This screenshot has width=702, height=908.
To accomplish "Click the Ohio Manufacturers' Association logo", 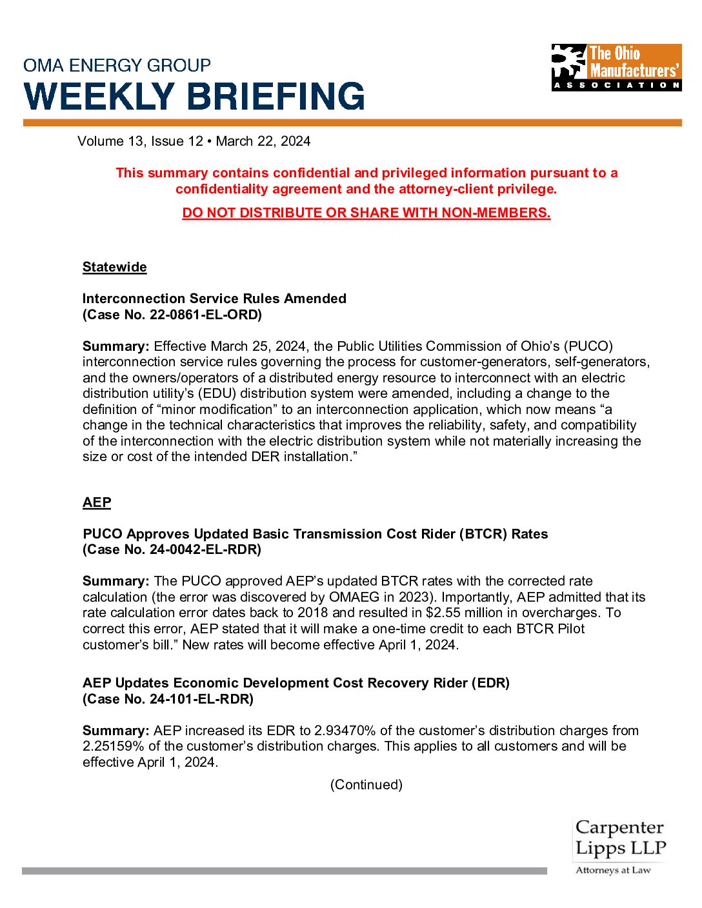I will [x=616, y=67].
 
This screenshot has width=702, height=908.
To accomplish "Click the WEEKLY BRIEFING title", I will [x=194, y=96].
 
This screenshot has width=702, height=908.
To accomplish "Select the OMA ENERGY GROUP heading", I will [x=117, y=65].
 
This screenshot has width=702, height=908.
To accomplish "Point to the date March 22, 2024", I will [x=263, y=141].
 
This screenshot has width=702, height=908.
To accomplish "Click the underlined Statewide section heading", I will [x=115, y=267].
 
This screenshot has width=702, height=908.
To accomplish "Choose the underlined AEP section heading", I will [x=97, y=502].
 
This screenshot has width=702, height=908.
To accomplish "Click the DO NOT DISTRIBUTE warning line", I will [x=366, y=213].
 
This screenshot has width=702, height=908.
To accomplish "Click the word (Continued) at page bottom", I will [x=366, y=785].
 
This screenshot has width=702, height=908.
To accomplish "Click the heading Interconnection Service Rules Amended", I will [x=214, y=299].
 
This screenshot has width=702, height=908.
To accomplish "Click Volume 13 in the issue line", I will [x=110, y=141].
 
